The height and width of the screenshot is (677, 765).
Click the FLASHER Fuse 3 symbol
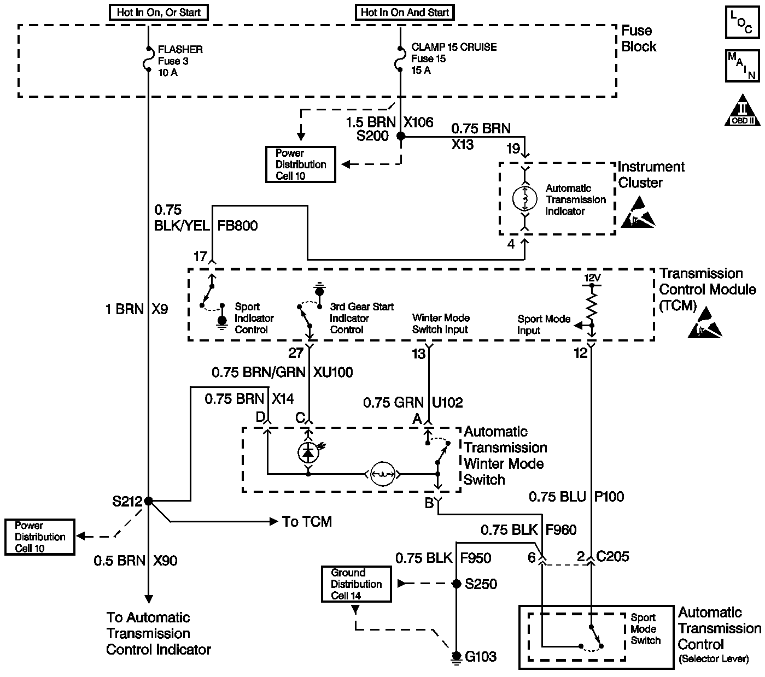click(x=148, y=60)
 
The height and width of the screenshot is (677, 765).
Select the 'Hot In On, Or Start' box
click(x=159, y=13)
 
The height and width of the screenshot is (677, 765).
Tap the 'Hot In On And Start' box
click(x=405, y=13)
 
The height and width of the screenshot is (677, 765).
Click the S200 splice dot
click(x=400, y=136)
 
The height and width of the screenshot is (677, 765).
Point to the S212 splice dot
click(x=148, y=501)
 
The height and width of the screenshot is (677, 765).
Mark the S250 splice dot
click(x=457, y=584)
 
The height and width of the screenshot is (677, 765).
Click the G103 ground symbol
click(x=456, y=656)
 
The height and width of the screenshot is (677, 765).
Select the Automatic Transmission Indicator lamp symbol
click(x=524, y=199)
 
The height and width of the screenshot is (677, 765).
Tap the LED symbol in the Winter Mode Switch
click(x=308, y=452)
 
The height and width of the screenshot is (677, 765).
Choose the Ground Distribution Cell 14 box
click(x=357, y=584)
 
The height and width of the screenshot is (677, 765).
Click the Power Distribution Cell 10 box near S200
click(x=300, y=164)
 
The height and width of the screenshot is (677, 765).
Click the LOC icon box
click(x=741, y=22)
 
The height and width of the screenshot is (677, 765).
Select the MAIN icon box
click(x=741, y=66)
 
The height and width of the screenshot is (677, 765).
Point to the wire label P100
click(x=609, y=497)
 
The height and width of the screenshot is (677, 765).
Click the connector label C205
click(x=612, y=557)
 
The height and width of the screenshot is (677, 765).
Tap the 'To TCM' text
click(x=307, y=522)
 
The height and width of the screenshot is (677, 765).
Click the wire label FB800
click(x=237, y=226)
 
